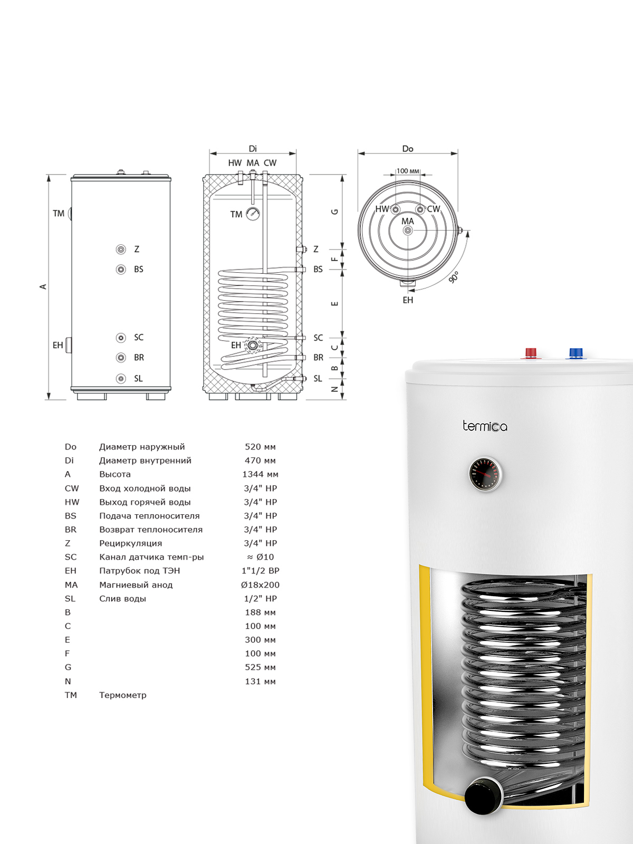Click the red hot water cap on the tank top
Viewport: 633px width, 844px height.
coord(531,353)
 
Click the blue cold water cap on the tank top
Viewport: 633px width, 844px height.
coord(576,353)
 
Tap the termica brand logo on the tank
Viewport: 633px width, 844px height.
coord(485,426)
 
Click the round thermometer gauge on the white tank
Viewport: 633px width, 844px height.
coord(485,474)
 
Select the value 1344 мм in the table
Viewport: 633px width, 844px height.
coord(260,474)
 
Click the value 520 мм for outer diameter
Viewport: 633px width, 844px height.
coord(260,447)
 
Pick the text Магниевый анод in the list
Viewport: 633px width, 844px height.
coord(136,585)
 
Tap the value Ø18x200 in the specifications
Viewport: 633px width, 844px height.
coord(260,585)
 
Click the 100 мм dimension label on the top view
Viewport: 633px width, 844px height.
coord(408,171)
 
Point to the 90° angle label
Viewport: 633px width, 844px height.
coord(454,277)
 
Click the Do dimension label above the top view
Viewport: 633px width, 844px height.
coord(407,149)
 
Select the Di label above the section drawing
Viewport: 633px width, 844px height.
coord(253,149)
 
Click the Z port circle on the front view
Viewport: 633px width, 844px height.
coord(121,249)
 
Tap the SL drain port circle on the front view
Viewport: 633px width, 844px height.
coord(121,378)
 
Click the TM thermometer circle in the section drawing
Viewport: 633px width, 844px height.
coord(253,214)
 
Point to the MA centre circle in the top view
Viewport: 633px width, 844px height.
coord(407,231)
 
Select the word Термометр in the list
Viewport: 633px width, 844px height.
coord(122,695)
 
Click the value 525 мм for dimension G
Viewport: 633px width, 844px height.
coord(260,667)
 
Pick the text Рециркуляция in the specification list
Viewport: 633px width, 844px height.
coord(131,543)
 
